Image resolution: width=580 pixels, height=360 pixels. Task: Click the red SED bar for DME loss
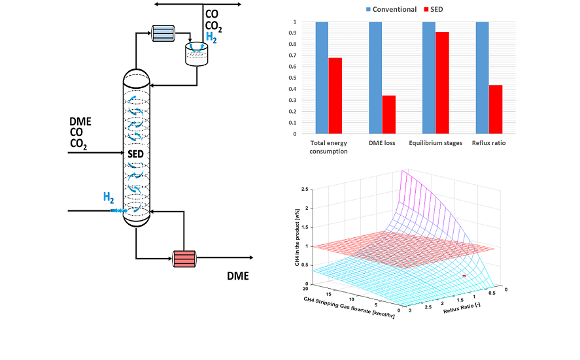pos(388,114)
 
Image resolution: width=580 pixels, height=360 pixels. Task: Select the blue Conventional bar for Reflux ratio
pos(482,78)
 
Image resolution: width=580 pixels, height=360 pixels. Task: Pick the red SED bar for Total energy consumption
pos(335,95)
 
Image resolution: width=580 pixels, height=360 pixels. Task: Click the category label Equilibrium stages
pos(435,142)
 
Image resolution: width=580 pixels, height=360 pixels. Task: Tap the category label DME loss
pos(382,142)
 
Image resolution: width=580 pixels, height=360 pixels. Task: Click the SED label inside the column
pos(136,154)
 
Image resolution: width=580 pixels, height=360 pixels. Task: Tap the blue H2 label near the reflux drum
pos(212,39)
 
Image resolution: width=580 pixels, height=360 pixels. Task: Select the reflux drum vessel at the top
pos(196,54)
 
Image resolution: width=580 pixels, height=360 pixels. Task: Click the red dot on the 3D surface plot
pos(464,276)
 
